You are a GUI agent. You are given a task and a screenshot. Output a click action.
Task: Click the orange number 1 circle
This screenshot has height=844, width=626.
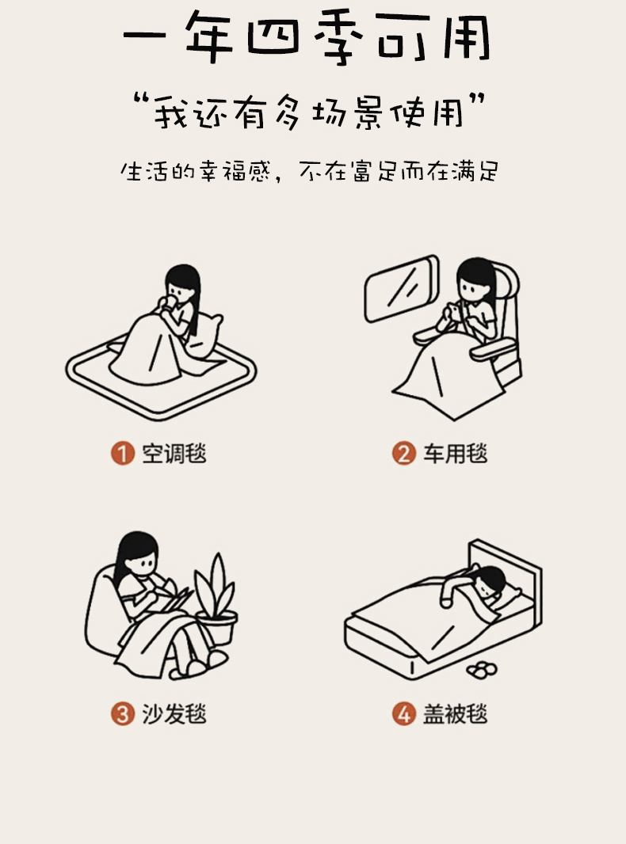pos(123,453)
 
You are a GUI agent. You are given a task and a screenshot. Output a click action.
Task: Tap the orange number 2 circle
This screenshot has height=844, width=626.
pos(403,453)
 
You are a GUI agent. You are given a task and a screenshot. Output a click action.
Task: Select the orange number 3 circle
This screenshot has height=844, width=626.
pos(123,714)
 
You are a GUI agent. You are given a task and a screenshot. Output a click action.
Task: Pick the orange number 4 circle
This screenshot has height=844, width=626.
pos(403,714)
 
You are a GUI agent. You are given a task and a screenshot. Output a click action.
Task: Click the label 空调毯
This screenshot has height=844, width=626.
pos(174,453)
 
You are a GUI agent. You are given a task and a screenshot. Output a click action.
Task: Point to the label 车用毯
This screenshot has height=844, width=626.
pos(455,453)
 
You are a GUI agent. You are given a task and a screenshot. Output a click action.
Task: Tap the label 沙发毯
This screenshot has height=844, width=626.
pos(174,714)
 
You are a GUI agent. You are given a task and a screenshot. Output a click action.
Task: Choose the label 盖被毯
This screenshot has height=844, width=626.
pos(455,714)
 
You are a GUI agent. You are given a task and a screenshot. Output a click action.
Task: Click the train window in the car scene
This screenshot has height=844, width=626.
pos(402,288)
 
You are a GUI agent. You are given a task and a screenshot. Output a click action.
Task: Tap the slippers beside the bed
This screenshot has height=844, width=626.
pos(482,670)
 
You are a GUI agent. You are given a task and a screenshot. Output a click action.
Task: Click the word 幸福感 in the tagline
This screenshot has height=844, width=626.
pos(235,172)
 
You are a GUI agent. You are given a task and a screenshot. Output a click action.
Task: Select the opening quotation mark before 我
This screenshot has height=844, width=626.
pos(142,101)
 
